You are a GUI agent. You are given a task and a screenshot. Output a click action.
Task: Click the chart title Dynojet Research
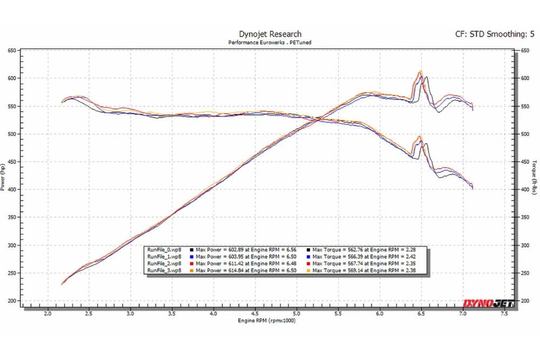click(x=270, y=34)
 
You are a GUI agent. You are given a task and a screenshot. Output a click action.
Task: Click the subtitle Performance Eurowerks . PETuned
click(x=270, y=42)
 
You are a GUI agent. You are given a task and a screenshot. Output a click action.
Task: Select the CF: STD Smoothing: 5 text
click(x=495, y=34)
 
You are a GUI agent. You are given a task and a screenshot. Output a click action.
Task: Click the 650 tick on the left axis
click(x=11, y=50)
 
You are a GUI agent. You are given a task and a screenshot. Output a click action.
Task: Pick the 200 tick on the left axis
click(x=11, y=301)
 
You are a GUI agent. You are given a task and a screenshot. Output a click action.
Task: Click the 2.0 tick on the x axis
click(x=48, y=313)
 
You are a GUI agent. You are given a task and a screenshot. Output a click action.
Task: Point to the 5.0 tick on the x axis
click(x=297, y=313)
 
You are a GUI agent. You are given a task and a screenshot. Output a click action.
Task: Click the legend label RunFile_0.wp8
click(x=165, y=250)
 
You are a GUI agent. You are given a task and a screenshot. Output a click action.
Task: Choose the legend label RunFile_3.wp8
click(x=165, y=270)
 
